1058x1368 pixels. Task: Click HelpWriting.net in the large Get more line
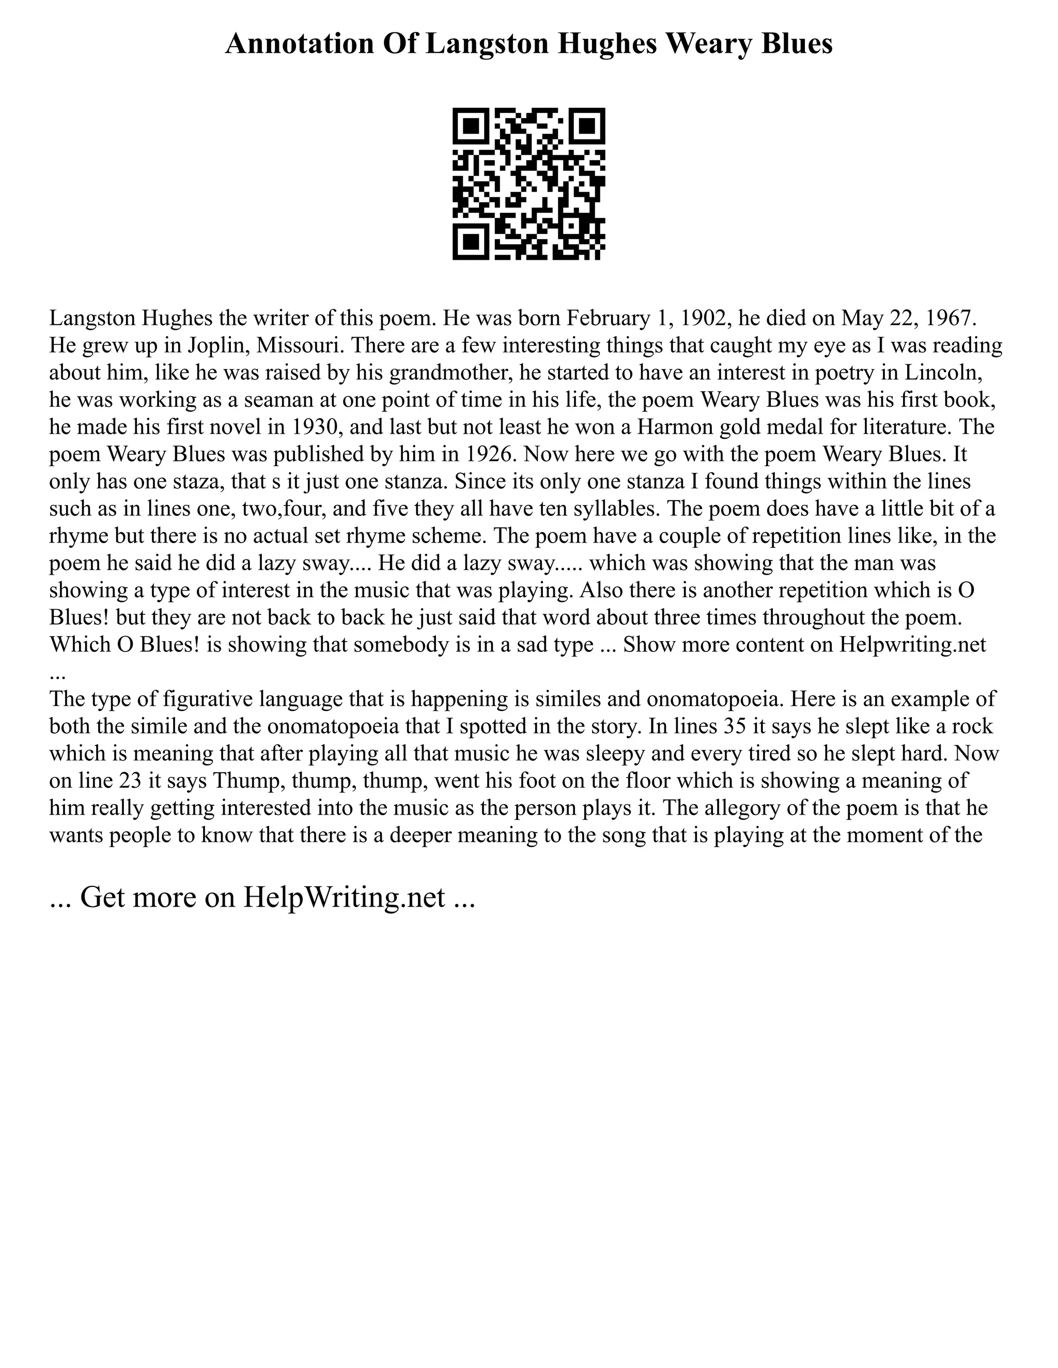344,897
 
